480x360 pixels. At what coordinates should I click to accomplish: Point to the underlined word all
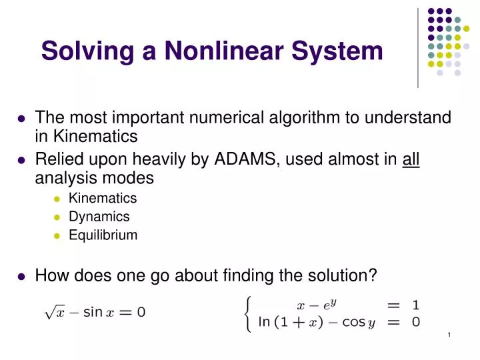[411, 160]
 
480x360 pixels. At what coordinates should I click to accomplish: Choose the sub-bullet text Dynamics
[99, 217]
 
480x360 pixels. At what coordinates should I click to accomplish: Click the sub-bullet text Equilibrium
[103, 235]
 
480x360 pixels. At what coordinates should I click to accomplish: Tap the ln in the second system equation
[264, 323]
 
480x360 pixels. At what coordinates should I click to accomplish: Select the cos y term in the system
[356, 323]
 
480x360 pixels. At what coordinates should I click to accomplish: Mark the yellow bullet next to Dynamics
[57, 217]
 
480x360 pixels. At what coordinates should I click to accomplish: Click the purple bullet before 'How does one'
[21, 275]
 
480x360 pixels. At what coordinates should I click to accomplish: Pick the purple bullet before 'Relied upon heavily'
[21, 161]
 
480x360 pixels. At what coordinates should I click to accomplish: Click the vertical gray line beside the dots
[418, 47]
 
